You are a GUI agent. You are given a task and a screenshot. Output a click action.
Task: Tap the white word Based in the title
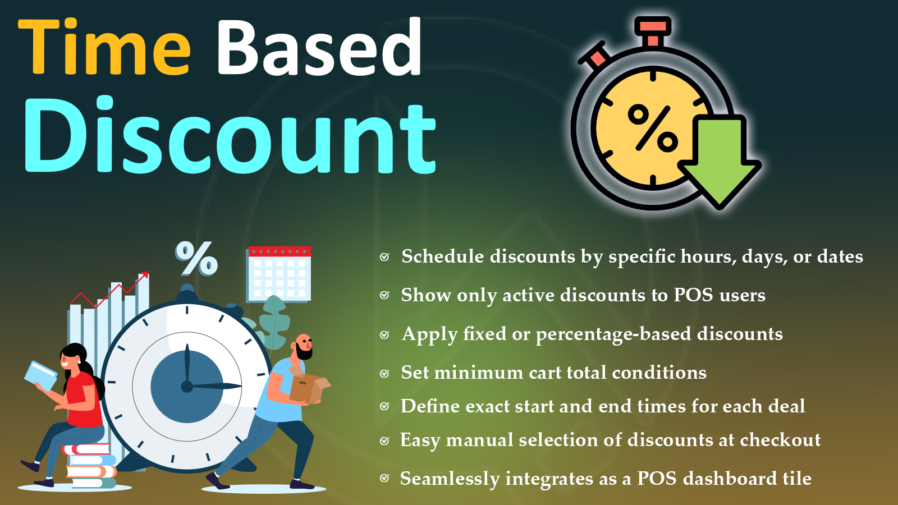click(x=319, y=47)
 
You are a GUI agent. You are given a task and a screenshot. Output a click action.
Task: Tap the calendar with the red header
click(x=280, y=274)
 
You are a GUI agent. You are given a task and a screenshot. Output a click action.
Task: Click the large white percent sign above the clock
click(x=196, y=259)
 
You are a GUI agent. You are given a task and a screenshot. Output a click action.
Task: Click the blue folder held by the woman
click(x=41, y=376)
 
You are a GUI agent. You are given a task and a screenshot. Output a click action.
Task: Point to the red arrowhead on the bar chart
click(x=145, y=275)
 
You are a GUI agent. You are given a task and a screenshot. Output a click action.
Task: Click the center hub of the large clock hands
click(x=187, y=387)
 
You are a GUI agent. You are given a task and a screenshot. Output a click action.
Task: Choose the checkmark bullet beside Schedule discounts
click(x=384, y=257)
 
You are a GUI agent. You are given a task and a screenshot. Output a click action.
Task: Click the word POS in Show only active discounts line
click(x=693, y=295)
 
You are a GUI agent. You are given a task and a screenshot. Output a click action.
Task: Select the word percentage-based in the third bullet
click(x=614, y=334)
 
